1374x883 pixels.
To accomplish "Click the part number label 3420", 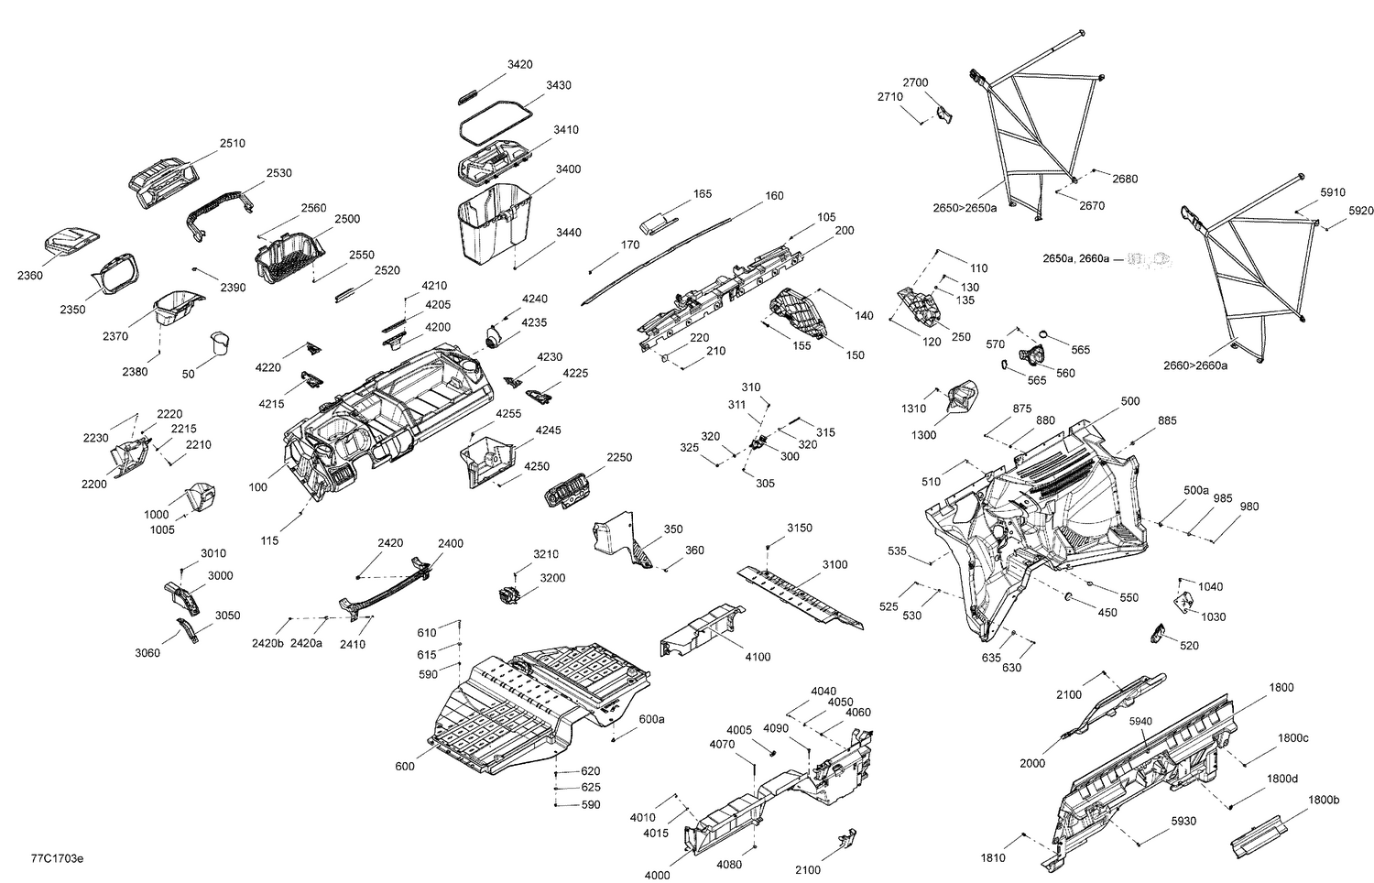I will pyautogui.click(x=520, y=64).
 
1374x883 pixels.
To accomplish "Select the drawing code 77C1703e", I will pyautogui.click(x=57, y=859).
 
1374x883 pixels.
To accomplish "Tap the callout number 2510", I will pyautogui.click(x=232, y=143).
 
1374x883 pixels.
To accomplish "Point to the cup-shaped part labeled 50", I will pyautogui.click(x=218, y=343).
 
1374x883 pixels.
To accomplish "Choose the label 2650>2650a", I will pyautogui.click(x=965, y=208).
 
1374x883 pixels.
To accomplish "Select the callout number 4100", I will pyautogui.click(x=758, y=657).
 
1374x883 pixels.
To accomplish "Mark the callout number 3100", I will pyautogui.click(x=834, y=564).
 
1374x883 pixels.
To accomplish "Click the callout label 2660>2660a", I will pyautogui.click(x=1195, y=365).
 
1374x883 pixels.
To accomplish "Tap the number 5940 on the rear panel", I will pyautogui.click(x=1140, y=721).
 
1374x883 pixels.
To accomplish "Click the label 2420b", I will pyautogui.click(x=267, y=643).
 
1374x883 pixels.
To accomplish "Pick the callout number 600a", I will pyautogui.click(x=651, y=719).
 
